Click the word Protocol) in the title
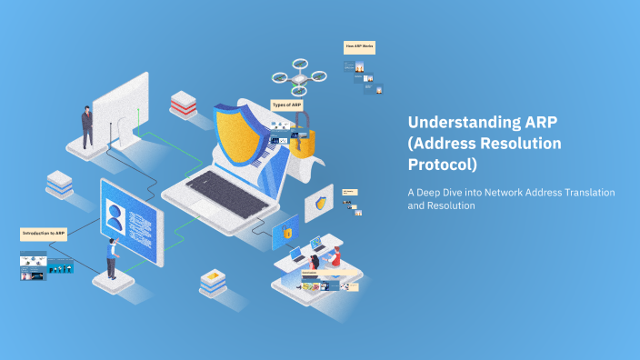tap(442, 165)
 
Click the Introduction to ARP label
tap(44, 234)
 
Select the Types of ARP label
tap(286, 105)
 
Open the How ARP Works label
tap(359, 46)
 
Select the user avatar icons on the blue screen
tap(116, 215)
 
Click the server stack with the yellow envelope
tap(213, 281)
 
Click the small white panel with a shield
tap(319, 204)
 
